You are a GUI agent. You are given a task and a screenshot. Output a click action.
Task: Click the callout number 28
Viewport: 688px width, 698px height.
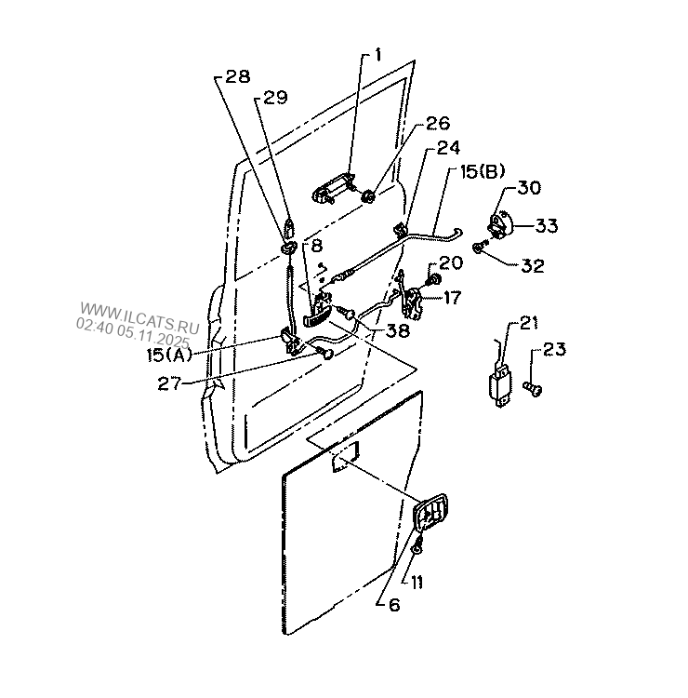click(238, 76)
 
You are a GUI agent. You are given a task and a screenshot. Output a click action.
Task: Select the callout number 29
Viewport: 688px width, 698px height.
click(276, 98)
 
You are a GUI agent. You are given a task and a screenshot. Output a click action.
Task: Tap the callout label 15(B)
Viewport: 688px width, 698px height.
click(483, 171)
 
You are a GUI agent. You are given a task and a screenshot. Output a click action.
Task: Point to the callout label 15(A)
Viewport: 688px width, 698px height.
click(169, 356)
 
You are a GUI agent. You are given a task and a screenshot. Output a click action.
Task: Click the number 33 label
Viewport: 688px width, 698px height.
click(546, 226)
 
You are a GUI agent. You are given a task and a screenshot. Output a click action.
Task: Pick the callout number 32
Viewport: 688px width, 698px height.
click(533, 266)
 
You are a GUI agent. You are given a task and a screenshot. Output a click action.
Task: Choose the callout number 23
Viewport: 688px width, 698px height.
click(554, 349)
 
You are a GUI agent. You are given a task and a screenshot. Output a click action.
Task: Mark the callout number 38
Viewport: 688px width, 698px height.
click(397, 330)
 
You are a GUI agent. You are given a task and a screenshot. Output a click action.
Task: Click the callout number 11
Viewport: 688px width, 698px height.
click(417, 583)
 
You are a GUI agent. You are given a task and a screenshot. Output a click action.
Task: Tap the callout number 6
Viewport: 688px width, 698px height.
click(394, 605)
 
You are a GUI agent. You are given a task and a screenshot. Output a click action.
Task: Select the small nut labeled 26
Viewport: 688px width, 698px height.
click(368, 195)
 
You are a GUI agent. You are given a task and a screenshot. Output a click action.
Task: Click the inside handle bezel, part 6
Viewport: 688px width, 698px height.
click(430, 513)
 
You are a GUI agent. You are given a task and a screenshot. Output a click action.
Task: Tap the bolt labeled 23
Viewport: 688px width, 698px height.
click(533, 389)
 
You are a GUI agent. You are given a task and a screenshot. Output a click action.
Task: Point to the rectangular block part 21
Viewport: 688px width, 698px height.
click(500, 384)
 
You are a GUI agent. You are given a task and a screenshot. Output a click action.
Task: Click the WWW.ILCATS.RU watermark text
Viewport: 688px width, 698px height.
click(139, 317)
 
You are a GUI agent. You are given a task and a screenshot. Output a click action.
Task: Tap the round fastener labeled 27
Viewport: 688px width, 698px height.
click(327, 354)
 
